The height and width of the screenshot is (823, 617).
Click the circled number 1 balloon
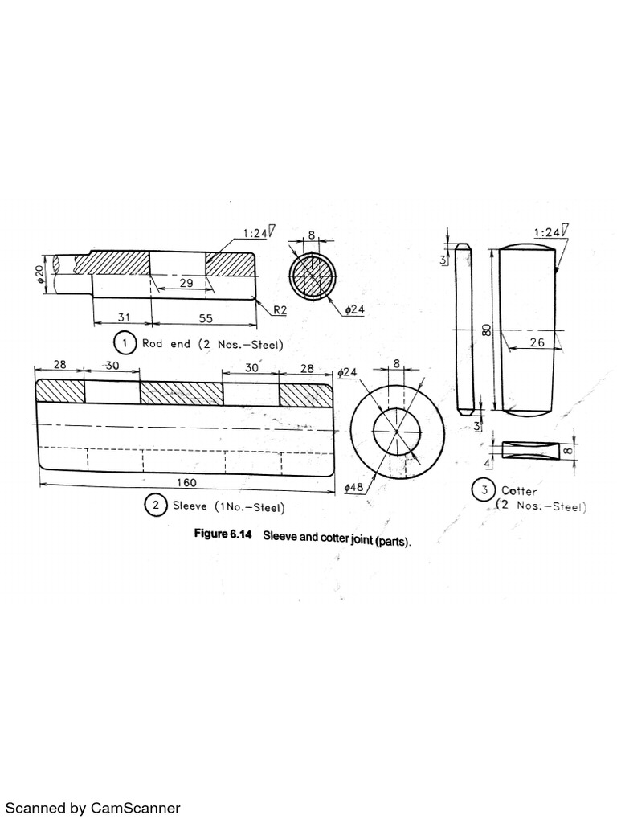click(124, 343)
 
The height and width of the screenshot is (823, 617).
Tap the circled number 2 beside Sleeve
click(154, 506)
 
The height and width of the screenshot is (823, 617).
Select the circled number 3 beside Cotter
click(483, 489)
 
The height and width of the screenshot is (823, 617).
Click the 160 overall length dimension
click(186, 483)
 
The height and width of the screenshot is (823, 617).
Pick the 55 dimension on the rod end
click(206, 318)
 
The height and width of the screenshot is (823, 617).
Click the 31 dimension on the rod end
click(124, 318)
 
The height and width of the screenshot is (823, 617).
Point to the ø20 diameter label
click(39, 274)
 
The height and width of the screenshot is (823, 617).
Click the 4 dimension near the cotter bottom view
click(487, 464)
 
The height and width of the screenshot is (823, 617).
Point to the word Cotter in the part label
click(519, 490)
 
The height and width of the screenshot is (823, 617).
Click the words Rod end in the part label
click(166, 343)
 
